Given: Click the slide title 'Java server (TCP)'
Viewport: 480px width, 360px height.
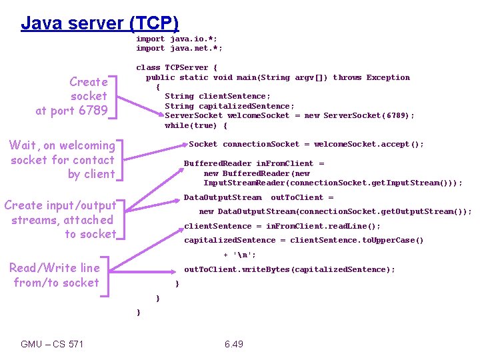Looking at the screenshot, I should point(100,23).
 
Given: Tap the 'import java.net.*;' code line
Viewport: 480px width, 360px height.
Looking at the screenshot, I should point(179,48).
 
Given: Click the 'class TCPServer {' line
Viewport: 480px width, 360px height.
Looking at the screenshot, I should point(177,67).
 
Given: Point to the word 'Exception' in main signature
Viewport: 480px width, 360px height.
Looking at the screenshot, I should point(388,77).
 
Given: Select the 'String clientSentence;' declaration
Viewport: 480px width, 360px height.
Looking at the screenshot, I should point(217,96).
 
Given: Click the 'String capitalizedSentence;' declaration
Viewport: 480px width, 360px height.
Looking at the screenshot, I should point(229,106).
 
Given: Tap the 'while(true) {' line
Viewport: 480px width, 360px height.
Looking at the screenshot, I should point(196,125).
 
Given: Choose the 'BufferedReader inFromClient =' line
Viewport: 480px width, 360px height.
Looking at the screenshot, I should point(254,163).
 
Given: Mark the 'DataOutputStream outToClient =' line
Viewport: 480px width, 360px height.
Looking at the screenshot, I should point(259,197).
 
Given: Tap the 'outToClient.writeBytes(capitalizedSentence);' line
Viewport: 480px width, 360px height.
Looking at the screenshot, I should point(289,269).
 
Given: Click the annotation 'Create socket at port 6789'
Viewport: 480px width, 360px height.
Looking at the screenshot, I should point(72,96).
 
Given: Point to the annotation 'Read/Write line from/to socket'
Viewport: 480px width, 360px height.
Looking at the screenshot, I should point(54,275).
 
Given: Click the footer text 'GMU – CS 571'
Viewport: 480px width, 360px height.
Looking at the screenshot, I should point(52,344).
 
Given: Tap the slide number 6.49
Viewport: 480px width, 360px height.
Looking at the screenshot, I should point(233,344).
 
